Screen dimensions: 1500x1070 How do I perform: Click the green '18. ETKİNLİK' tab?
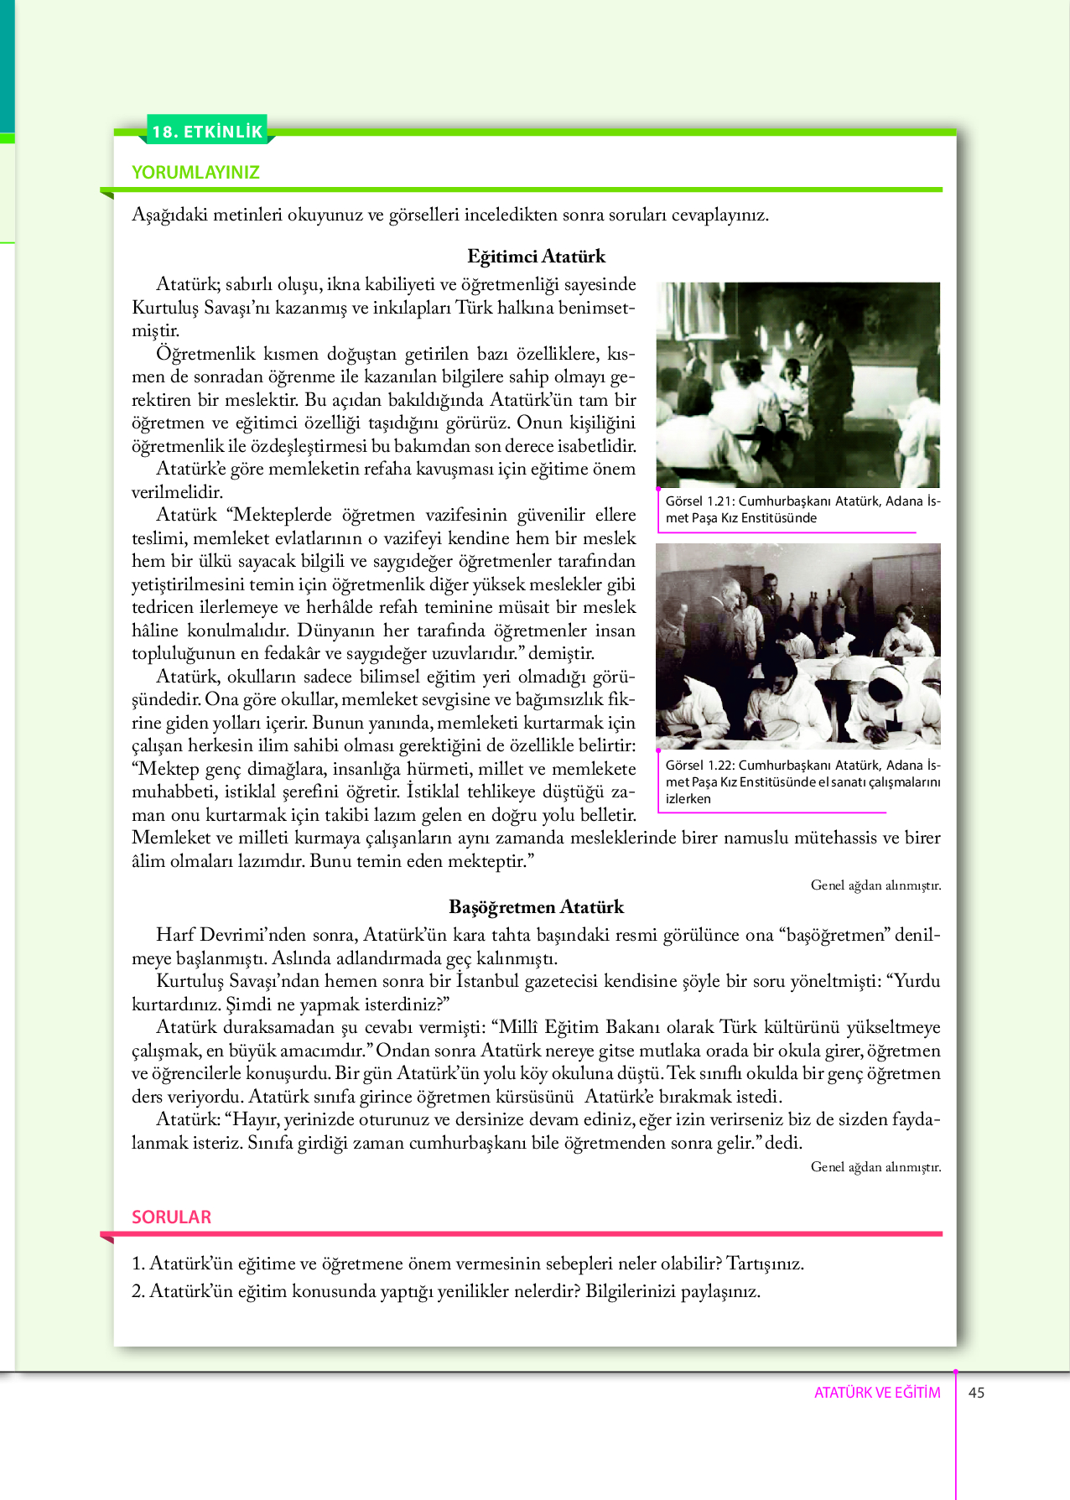pos(207,131)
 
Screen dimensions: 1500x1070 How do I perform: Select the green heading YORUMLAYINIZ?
pos(195,173)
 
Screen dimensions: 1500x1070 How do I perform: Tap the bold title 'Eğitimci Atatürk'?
pos(536,257)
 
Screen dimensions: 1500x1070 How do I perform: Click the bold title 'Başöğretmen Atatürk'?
pos(536,907)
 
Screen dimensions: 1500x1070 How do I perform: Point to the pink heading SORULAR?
pos(171,1217)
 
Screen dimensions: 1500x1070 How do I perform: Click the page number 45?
pos(976,1393)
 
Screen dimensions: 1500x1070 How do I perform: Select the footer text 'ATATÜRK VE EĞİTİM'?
pos(877,1393)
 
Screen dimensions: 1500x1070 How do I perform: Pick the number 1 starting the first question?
pos(138,1264)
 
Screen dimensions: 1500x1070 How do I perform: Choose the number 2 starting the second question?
pos(138,1291)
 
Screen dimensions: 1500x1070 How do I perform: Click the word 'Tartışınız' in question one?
pos(764,1264)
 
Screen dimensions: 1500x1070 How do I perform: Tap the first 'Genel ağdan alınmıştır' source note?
pos(875,885)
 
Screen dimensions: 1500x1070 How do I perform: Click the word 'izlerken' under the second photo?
pos(688,799)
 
